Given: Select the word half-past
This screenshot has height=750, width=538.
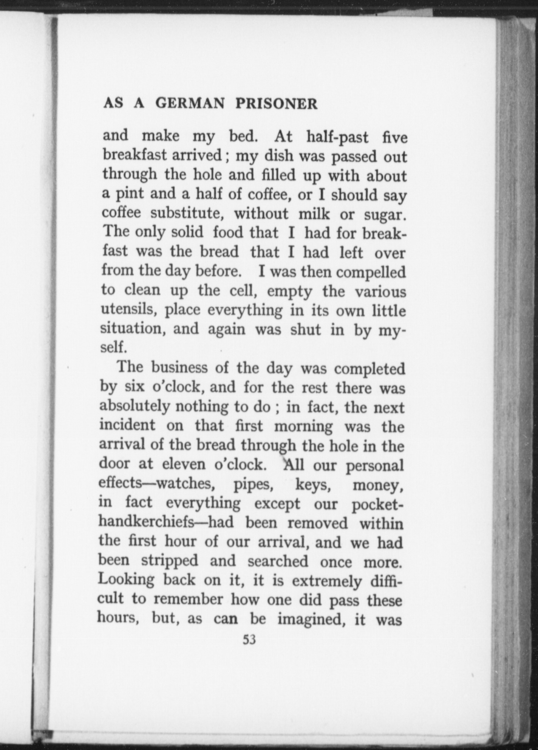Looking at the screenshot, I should pos(337,137).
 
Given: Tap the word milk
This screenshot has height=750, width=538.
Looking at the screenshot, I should pos(314,214).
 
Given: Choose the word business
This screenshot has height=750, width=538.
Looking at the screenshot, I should pos(179,367).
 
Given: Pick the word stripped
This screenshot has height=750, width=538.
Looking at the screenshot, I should pos(169,560).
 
